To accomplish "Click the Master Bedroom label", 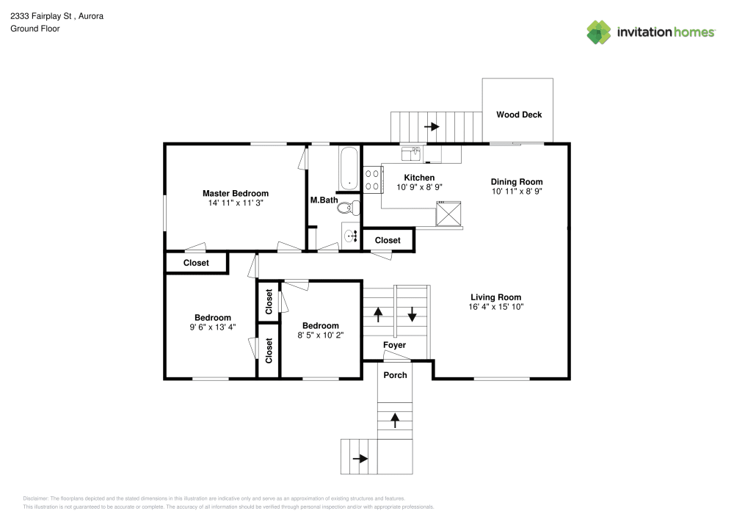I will point(235,193).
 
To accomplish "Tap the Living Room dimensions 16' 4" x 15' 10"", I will point(496,307).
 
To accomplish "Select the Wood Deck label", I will point(519,115).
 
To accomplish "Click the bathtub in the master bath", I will point(349,167).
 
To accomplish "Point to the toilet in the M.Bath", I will point(348,208).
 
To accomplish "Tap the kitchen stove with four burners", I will point(373,179).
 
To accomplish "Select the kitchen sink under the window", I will point(410,153).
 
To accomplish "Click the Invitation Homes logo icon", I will point(598,32).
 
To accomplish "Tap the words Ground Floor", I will point(34,29).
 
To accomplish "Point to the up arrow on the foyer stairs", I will point(379,314).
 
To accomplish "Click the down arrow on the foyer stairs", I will point(412,314).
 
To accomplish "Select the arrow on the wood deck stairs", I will point(433,126).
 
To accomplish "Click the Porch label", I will point(396,375).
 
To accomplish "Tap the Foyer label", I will point(394,345).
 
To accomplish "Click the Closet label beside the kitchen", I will point(388,240).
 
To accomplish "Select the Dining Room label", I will point(517,181).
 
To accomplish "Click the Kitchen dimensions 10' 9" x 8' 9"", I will point(419,187).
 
